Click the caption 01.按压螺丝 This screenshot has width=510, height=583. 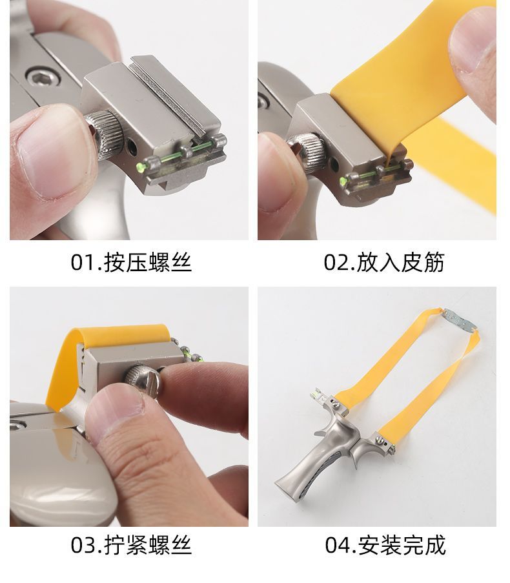point(131,262)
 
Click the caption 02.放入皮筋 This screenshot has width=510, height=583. point(384,262)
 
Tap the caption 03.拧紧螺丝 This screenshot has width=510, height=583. point(131,545)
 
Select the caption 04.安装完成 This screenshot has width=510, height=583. point(385,545)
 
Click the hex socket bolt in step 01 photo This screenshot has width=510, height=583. point(43,77)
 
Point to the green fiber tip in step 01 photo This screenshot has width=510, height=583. point(141,165)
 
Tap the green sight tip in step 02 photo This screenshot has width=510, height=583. point(343,181)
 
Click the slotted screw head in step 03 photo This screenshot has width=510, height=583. point(143,380)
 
